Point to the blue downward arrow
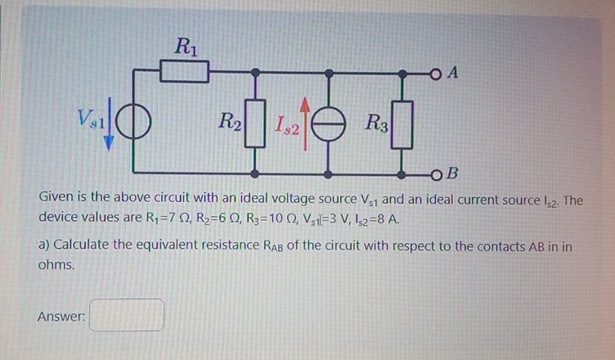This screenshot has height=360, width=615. point(109,124)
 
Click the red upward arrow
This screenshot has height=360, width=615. point(305,124)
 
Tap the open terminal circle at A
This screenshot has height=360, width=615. point(435,74)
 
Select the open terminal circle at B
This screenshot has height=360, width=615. point(435,175)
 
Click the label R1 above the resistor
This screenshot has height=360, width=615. point(186,47)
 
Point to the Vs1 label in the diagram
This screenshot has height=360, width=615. point(91,118)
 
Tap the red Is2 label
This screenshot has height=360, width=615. point(287,125)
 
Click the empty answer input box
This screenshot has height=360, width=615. point(126,315)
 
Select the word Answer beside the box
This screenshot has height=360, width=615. point(61,316)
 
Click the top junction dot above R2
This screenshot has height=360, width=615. point(255,73)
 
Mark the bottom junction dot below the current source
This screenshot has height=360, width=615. point(329,174)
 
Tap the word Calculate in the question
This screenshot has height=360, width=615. point(81,245)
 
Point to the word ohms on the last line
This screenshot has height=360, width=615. point(56,264)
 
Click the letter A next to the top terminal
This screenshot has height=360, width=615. point(453,73)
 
